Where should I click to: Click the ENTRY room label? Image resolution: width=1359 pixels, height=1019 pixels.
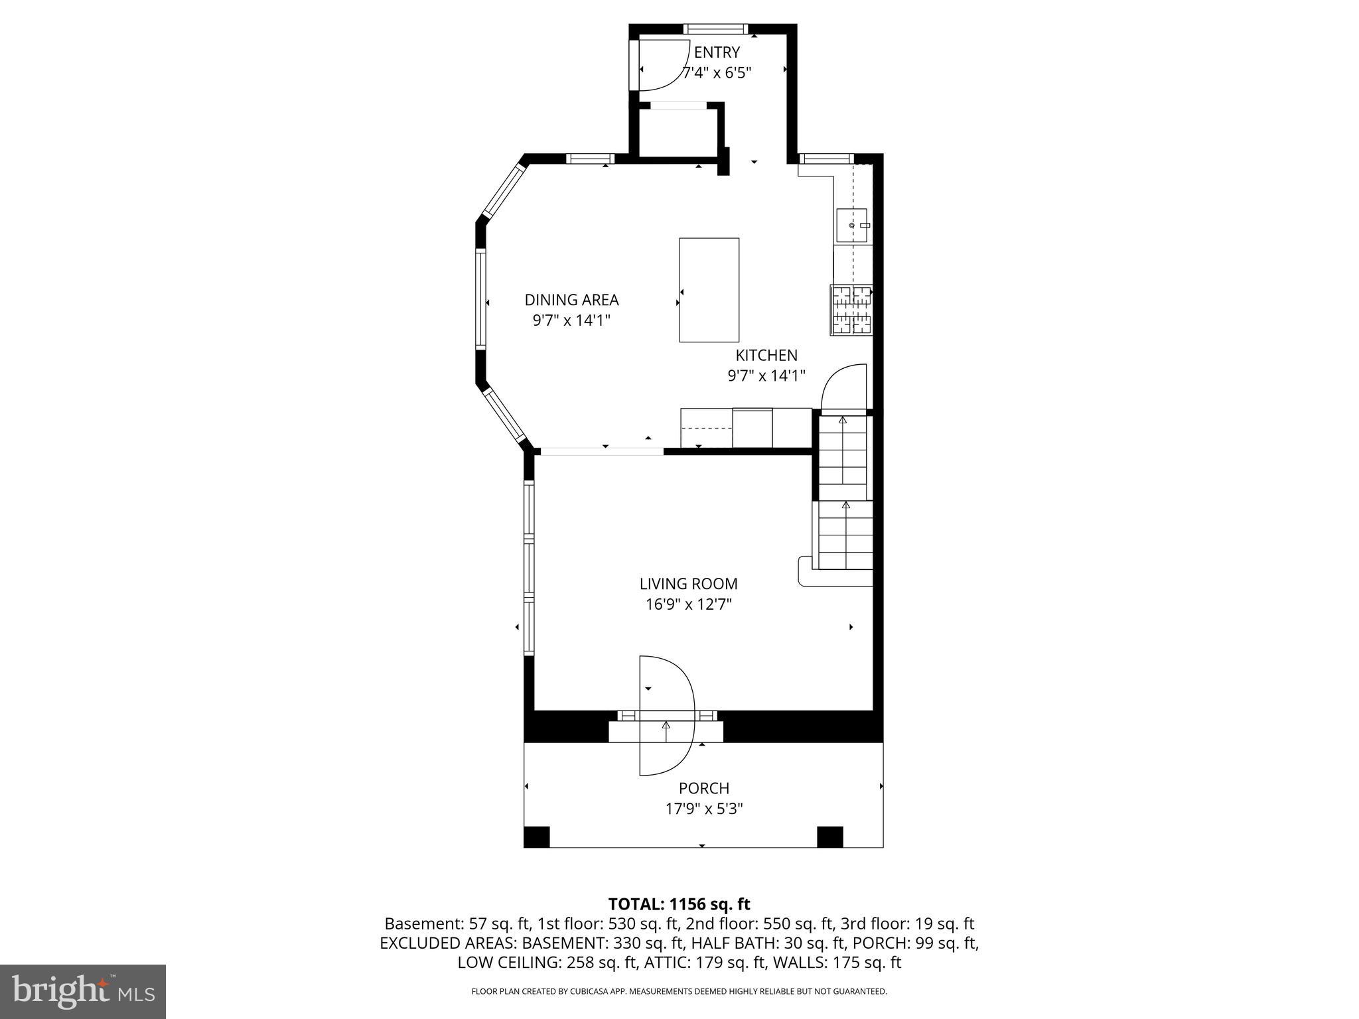[x=717, y=52]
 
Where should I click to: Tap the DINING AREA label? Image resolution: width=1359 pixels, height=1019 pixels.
[x=571, y=300]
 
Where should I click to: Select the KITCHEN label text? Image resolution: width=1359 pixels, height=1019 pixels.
[x=766, y=355]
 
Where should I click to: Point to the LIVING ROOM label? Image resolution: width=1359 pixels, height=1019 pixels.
[x=688, y=584]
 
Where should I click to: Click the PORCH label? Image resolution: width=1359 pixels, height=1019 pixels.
[x=703, y=788]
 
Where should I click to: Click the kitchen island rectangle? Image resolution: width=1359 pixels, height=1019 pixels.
[x=709, y=290]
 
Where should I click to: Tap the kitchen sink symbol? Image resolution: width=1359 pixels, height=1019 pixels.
[x=851, y=226]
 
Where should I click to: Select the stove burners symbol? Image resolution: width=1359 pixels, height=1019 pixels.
[x=851, y=309]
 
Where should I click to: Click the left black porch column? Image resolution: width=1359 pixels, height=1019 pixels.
[x=537, y=837]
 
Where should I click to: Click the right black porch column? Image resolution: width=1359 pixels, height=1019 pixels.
[x=829, y=837]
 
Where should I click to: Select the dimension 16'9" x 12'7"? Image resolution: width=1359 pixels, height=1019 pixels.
[x=688, y=604]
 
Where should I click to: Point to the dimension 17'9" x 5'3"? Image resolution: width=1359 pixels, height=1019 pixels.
[x=703, y=809]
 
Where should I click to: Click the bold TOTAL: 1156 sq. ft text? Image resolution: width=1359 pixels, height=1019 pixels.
[x=679, y=904]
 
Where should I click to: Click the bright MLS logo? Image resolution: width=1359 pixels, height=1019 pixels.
[x=83, y=991]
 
